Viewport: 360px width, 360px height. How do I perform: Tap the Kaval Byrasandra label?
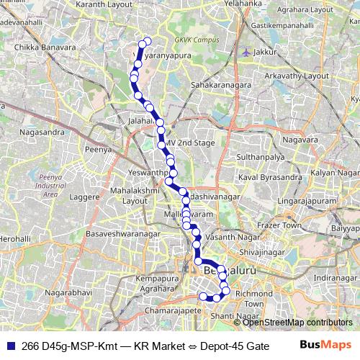click(x=270, y=176)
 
